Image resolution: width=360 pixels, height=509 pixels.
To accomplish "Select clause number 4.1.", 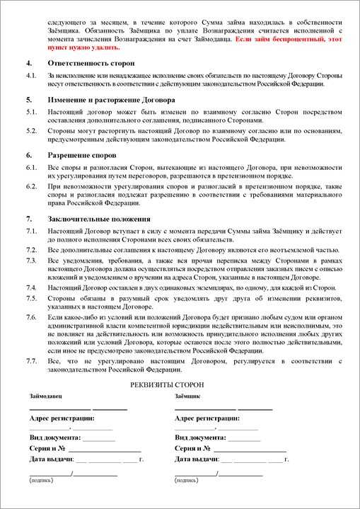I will pos(31,75).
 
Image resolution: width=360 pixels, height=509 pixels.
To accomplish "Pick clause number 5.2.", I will pos(31,130).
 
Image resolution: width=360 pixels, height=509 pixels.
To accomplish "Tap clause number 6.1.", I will pos(31,166).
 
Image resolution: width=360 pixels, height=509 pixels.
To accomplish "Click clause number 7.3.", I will pos(31,261).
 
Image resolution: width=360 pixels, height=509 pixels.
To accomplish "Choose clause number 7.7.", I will pos(31,361).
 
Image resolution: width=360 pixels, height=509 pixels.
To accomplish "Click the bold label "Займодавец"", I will pos(46,396).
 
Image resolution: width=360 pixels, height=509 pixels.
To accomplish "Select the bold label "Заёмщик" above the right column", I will pos(188,396).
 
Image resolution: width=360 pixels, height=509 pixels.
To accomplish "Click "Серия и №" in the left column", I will pos(47,449).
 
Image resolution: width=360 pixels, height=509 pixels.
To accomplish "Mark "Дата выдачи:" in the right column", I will pos(196,459).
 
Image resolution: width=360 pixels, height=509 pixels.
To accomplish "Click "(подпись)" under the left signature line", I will pos(40,481).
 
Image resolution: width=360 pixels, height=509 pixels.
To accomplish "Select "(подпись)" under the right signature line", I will pos(186,481).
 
